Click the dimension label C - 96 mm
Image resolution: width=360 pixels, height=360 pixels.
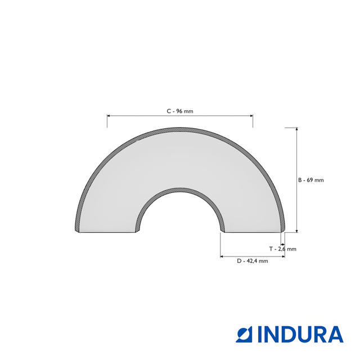(x=180, y=111)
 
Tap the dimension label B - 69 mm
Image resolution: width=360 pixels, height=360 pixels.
(x=311, y=180)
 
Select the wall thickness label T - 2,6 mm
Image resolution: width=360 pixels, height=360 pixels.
(x=282, y=249)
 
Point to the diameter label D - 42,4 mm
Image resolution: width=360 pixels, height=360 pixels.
(x=253, y=261)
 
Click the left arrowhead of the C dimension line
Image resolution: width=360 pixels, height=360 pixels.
(x=109, y=116)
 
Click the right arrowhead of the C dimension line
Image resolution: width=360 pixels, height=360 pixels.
(x=251, y=116)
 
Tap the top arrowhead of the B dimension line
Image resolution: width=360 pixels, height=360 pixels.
(x=296, y=129)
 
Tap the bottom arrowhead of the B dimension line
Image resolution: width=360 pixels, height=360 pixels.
(x=296, y=231)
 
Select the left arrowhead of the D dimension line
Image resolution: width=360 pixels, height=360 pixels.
(x=222, y=256)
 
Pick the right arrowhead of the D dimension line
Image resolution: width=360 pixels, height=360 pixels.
(x=283, y=256)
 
